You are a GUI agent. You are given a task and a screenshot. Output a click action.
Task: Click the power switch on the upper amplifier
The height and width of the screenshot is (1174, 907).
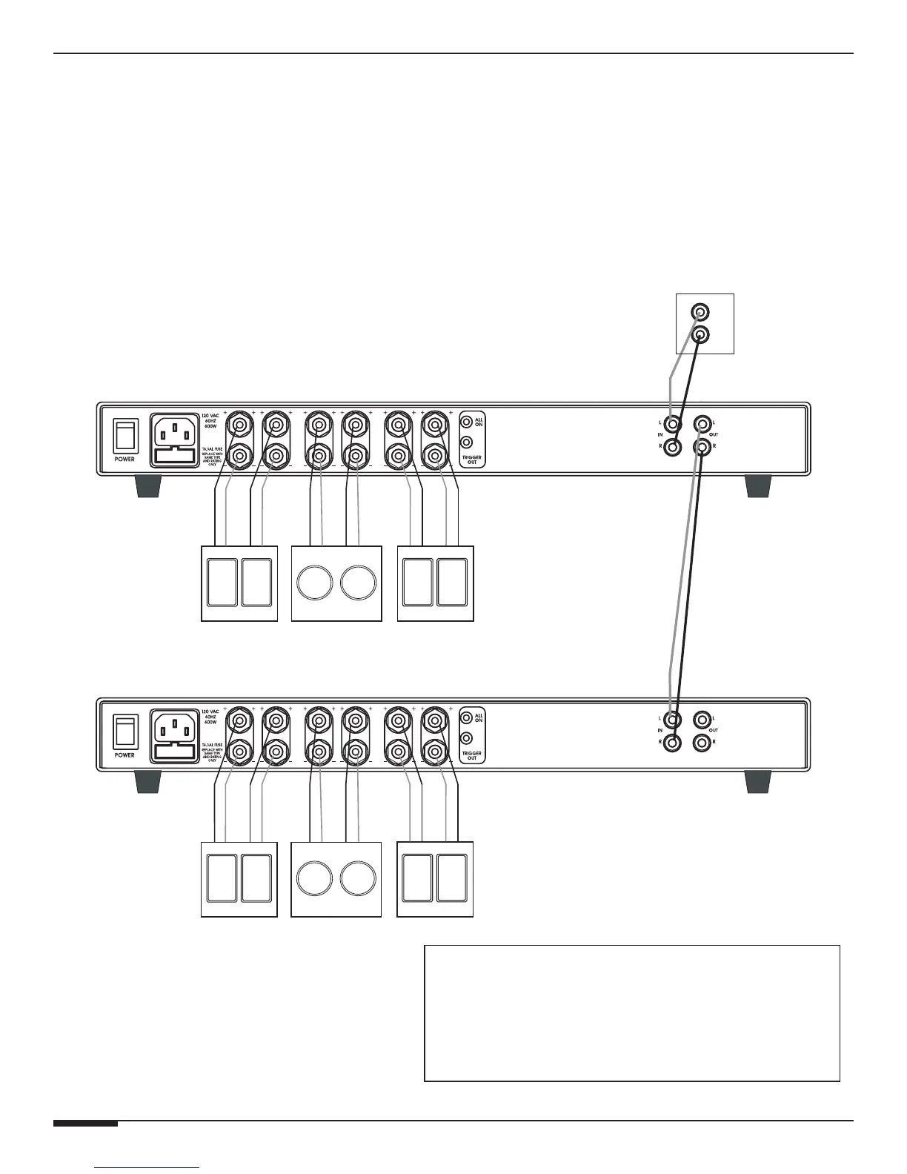tap(124, 437)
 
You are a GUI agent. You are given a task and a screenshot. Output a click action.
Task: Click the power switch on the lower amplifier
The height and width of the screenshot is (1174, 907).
tap(124, 733)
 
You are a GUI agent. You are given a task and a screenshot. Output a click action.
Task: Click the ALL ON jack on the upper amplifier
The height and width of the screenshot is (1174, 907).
tap(466, 423)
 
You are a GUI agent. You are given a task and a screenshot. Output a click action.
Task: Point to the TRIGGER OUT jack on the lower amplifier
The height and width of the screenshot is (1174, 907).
tap(466, 739)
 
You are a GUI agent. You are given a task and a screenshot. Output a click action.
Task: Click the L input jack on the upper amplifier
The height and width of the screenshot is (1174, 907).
tap(672, 425)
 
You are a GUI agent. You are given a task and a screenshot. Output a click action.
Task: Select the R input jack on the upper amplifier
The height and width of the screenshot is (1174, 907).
tap(672, 447)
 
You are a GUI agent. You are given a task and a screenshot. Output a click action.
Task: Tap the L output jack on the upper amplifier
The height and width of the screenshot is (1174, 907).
tap(701, 425)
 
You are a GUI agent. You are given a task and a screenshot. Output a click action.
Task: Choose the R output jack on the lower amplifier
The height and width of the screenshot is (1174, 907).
tap(701, 742)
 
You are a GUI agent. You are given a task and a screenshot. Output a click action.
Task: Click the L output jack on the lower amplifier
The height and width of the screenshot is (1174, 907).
tap(701, 720)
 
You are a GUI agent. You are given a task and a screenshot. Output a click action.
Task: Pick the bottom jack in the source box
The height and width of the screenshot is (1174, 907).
tap(699, 335)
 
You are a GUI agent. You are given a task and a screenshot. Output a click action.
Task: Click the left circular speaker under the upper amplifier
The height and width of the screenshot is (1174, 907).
tap(315, 584)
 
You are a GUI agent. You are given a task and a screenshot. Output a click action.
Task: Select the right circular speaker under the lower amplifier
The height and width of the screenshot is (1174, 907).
tap(359, 880)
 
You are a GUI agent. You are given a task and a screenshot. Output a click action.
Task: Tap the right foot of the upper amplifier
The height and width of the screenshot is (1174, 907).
tap(758, 486)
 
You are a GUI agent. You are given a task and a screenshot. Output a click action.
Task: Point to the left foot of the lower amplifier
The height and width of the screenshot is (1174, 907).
tap(148, 782)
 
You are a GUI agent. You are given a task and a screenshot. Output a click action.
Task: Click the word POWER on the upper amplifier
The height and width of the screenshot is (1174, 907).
tap(124, 460)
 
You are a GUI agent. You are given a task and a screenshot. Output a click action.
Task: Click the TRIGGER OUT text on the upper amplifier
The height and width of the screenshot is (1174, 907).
tap(471, 460)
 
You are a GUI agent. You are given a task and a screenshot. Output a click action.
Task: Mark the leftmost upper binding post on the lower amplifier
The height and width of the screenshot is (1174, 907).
tap(240, 720)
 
